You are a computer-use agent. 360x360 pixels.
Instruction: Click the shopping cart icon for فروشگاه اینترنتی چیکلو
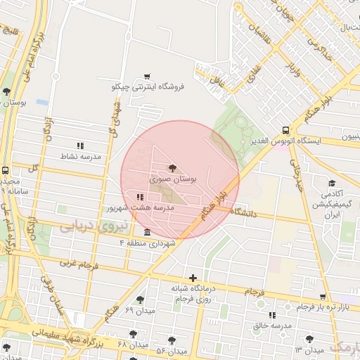[x=147, y=77]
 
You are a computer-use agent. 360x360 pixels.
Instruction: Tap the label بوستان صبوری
[x=172, y=180]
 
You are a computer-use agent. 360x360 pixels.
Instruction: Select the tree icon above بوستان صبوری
[x=172, y=167]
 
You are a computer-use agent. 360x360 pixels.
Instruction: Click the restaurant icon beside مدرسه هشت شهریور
[x=139, y=196]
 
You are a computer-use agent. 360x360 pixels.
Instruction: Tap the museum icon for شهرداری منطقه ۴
[x=147, y=232]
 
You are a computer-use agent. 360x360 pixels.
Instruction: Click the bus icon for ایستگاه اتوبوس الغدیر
[x=285, y=130]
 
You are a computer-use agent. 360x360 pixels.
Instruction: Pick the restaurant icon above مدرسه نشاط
[x=79, y=145]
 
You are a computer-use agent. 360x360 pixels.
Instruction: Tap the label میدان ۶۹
[x=139, y=309]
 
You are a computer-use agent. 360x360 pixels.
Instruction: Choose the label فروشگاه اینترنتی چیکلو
[x=148, y=87]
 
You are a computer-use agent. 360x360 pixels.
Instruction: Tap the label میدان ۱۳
[x=309, y=349]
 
